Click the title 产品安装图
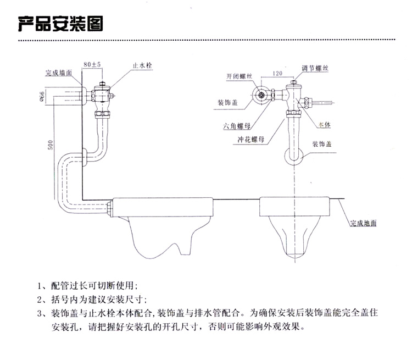(61, 24)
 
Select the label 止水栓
(142, 65)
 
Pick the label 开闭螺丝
(238, 77)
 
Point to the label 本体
(325, 125)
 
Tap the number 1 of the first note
(40, 286)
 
